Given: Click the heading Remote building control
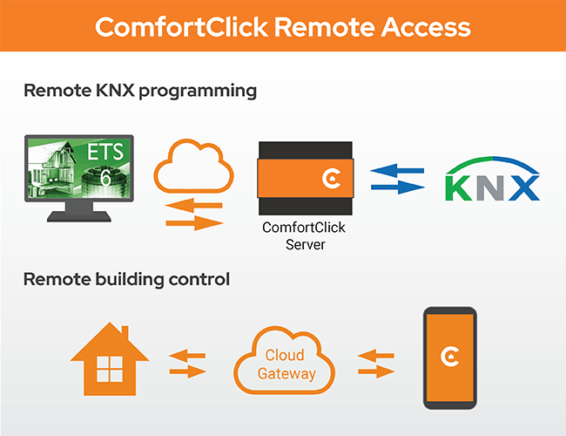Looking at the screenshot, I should point(126,280).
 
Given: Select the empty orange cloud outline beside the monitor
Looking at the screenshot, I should point(192,165).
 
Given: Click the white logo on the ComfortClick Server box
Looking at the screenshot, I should point(330,179).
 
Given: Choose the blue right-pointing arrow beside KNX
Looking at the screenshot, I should point(398,186).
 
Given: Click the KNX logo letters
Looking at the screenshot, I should point(492,186).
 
